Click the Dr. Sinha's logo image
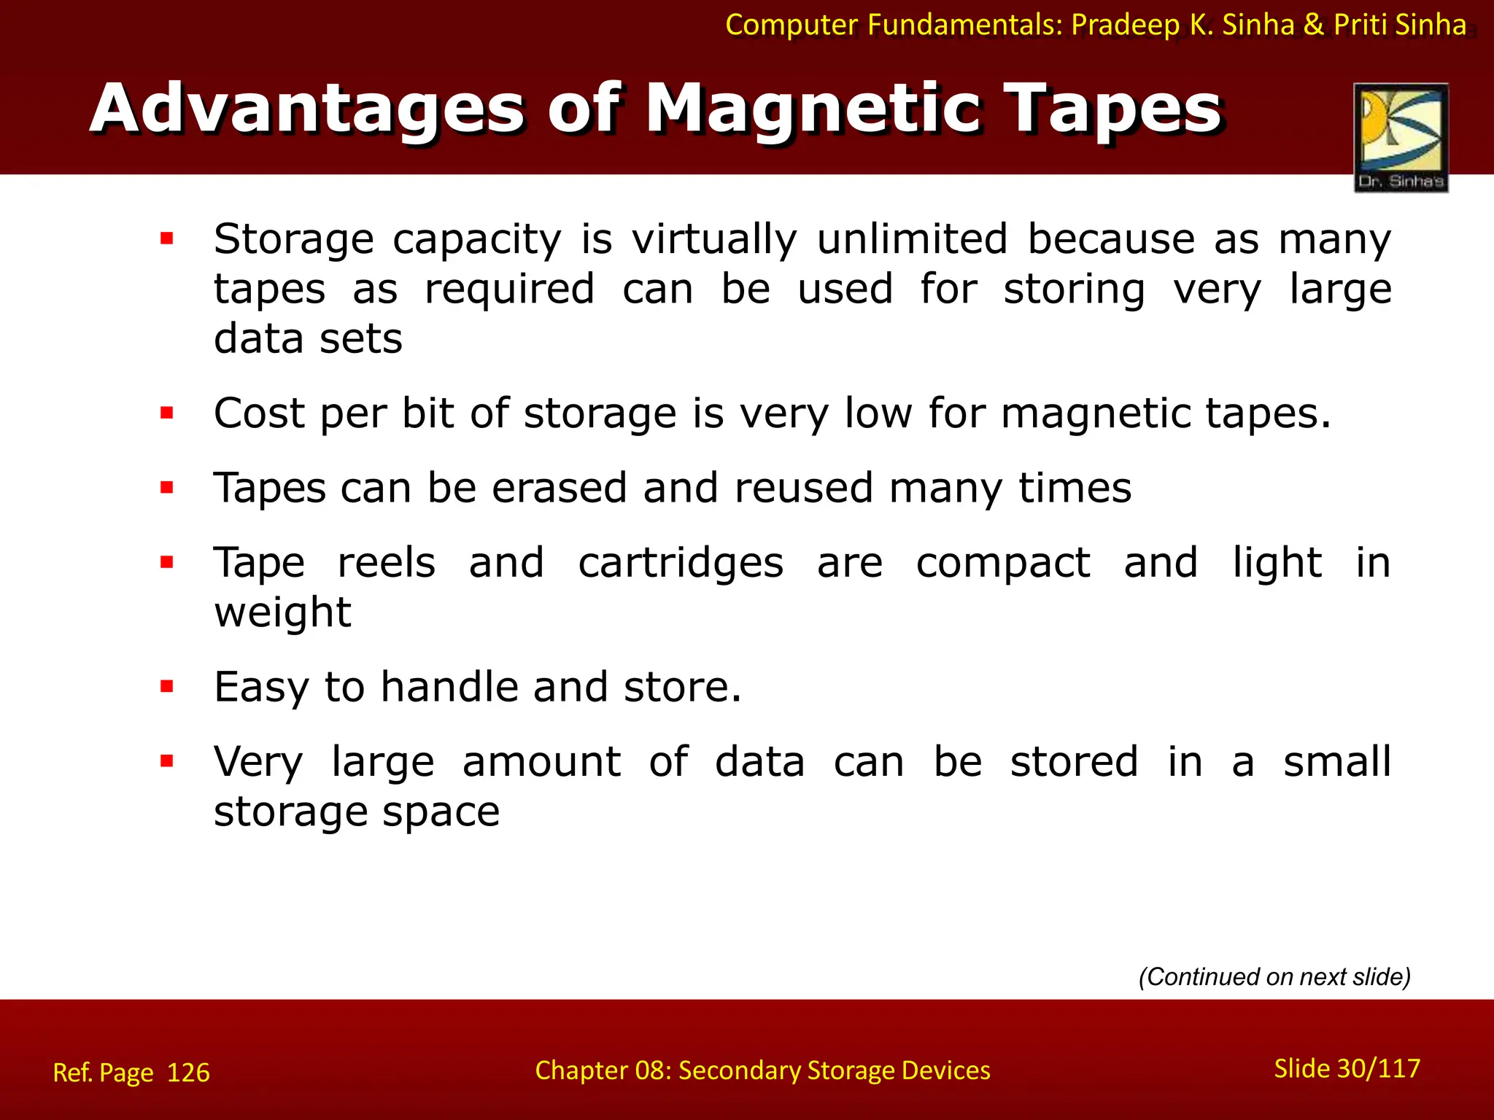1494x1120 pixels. (1401, 137)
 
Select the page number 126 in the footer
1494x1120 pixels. (188, 1073)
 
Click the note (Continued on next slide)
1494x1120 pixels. (1274, 976)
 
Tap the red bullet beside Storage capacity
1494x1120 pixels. (167, 238)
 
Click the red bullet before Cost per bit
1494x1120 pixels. (167, 413)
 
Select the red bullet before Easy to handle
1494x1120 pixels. (167, 686)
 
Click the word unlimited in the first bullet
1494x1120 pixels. (912, 239)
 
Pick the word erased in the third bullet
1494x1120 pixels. (559, 488)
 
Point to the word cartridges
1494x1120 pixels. (681, 563)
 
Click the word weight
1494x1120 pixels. (282, 612)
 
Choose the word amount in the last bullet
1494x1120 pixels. (541, 762)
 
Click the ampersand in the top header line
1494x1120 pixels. (1313, 26)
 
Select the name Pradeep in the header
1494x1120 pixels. (1125, 26)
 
